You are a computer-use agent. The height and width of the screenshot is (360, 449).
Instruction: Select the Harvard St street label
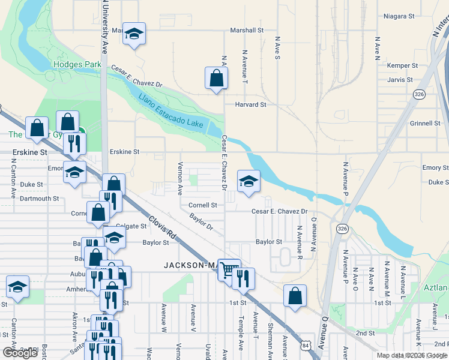pyautogui.click(x=251, y=104)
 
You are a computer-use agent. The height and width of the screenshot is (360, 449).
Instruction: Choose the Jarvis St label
pyautogui.click(x=400, y=79)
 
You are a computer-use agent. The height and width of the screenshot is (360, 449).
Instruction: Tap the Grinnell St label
pyautogui.click(x=425, y=124)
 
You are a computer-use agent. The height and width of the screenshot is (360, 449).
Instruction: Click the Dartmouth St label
pyautogui.click(x=39, y=199)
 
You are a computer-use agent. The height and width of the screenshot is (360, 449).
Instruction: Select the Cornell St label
pyautogui.click(x=202, y=205)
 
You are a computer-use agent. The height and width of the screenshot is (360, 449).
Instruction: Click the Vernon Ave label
pyautogui.click(x=179, y=178)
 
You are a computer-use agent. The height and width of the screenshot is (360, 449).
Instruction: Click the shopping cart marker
pyautogui.click(x=228, y=269)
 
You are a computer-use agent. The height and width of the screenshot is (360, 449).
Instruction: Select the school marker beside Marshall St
pyautogui.click(x=134, y=34)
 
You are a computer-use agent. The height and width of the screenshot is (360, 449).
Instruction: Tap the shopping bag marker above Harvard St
pyautogui.click(x=216, y=78)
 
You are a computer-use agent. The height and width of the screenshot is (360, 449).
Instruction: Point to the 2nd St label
pyautogui.click(x=365, y=332)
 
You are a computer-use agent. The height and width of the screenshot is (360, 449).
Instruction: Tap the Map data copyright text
pyautogui.click(x=412, y=355)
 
